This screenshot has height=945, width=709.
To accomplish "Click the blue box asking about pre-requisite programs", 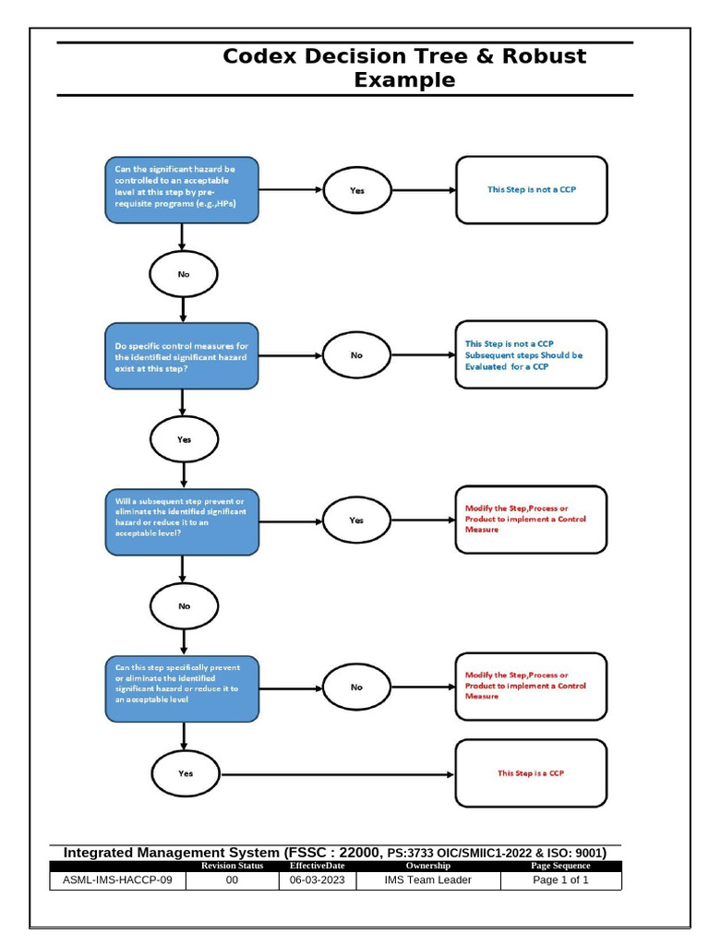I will tap(181, 190).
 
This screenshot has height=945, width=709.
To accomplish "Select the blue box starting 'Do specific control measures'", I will tap(181, 355).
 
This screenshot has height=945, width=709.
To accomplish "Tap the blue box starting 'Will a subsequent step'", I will tap(181, 521).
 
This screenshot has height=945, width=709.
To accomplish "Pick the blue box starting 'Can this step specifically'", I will tap(181, 688).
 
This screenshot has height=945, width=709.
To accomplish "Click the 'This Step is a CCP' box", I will tap(531, 773).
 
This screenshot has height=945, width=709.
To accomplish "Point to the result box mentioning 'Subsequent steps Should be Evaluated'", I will tap(531, 354).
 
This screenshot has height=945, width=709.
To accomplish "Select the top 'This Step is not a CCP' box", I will tap(531, 190).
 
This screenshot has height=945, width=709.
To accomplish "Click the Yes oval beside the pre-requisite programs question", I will tap(357, 190).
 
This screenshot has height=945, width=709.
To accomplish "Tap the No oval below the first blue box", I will tap(184, 274).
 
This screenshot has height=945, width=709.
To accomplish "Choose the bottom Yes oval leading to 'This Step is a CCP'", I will tap(185, 773).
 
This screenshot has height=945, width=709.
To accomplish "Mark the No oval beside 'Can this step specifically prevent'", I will tap(357, 688).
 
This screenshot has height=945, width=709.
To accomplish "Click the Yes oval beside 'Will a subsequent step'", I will tap(357, 520).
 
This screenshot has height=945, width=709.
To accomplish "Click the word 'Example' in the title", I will tap(404, 80).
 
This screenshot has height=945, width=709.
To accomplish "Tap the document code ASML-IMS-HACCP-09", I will tap(117, 880).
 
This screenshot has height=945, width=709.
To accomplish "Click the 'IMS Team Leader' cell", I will tap(427, 880).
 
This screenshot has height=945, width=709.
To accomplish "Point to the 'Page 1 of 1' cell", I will tap(560, 880).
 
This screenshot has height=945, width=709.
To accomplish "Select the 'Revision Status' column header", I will tap(232, 866).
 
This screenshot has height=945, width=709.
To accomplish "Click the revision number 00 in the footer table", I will tap(232, 880).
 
